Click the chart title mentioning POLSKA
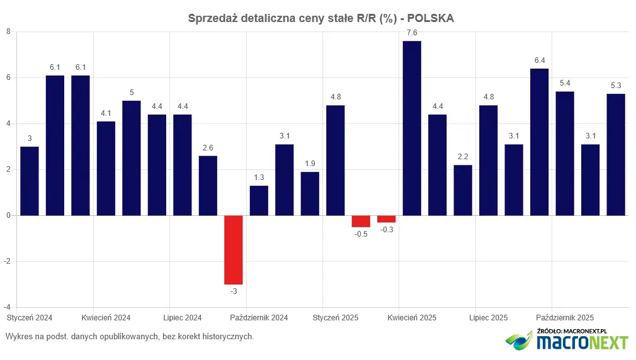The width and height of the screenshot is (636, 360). click(x=321, y=18)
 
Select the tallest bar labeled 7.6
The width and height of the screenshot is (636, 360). click(x=412, y=128)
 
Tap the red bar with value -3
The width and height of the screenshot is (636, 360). click(x=234, y=250)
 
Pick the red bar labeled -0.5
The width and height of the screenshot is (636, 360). click(x=361, y=221)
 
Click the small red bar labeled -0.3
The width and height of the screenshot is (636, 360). click(x=387, y=219)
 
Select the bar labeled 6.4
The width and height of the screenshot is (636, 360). click(x=539, y=142)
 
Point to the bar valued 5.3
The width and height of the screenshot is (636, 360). click(x=616, y=155)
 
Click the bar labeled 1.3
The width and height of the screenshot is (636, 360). click(x=259, y=200)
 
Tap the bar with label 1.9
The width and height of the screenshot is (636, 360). click(x=310, y=193)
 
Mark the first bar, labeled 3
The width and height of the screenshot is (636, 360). click(x=30, y=181)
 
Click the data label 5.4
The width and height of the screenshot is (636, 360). click(x=565, y=83)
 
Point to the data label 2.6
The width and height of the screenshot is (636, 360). click(x=208, y=147)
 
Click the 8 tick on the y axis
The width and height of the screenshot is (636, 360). click(x=8, y=31)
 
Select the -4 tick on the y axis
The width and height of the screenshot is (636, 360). click(x=7, y=307)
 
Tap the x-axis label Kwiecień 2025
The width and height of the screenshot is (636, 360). click(x=412, y=318)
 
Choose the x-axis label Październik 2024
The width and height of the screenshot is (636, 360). click(x=259, y=318)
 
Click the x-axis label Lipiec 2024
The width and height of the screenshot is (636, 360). click(x=183, y=318)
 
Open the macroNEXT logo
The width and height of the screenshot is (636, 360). click(x=567, y=340)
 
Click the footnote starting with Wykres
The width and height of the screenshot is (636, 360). click(x=130, y=337)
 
